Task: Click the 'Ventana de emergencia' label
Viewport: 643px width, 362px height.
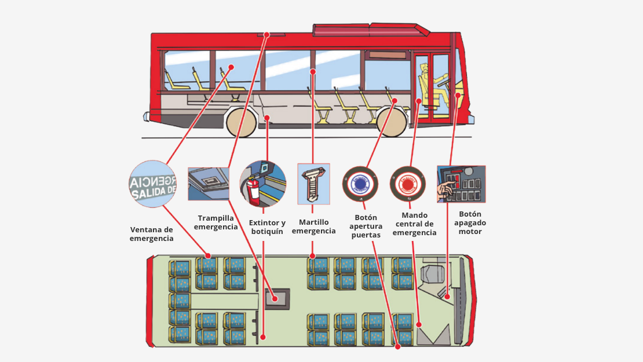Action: click(151, 233)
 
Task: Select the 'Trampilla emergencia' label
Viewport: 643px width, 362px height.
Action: click(215, 222)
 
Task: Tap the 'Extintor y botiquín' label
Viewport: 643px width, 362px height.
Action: click(267, 227)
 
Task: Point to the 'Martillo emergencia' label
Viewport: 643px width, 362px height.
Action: click(313, 226)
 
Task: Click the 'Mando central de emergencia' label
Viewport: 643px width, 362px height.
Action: click(414, 224)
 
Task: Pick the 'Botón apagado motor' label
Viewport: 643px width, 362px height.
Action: click(470, 222)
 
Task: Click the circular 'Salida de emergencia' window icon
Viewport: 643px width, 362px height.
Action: click(152, 184)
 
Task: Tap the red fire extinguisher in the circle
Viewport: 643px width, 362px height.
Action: click(253, 189)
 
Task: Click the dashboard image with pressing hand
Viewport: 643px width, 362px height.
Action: click(461, 184)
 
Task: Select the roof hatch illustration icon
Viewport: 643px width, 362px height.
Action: click(209, 184)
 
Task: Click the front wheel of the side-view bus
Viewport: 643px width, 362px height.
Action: click(390, 121)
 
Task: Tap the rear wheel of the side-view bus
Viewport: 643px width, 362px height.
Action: click(241, 122)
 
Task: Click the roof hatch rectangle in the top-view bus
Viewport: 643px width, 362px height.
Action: click(276, 299)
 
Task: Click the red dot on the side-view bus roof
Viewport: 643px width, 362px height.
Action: click(267, 35)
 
